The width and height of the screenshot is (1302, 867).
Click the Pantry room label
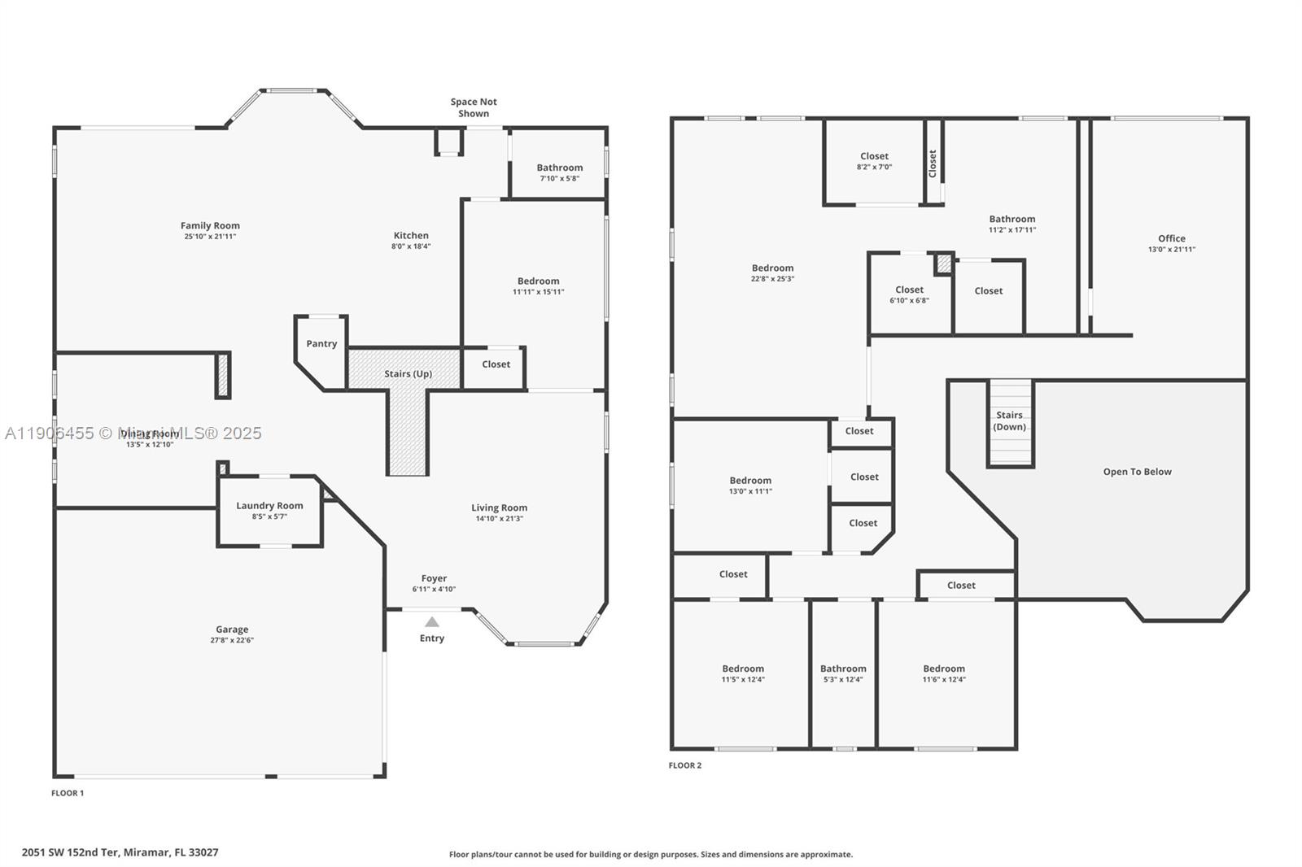(321, 344)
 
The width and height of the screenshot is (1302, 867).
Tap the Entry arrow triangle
(432, 622)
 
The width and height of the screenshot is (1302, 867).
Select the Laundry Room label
(269, 506)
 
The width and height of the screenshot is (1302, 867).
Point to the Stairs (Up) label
(408, 374)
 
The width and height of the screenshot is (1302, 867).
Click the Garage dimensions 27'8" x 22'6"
(232, 641)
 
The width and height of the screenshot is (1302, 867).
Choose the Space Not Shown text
(474, 107)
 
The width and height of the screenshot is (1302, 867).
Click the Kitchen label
(411, 236)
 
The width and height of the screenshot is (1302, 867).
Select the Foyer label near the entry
(434, 579)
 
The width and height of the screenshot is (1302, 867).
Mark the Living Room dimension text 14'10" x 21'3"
(499, 519)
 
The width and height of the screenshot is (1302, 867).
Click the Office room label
(1171, 238)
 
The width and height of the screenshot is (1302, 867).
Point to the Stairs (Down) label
(1009, 420)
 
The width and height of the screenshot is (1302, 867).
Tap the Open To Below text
(1137, 472)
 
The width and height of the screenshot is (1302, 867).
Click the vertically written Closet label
(933, 163)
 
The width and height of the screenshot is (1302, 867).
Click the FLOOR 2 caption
(684, 765)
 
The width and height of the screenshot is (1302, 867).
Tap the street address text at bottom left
(120, 852)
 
